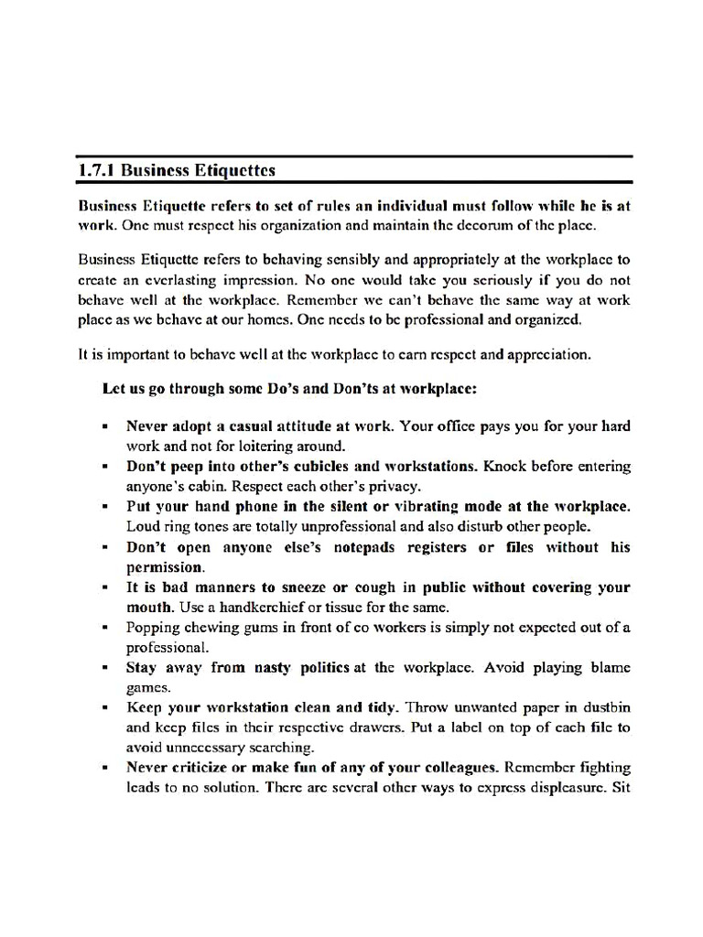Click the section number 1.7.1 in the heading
pyautogui.click(x=96, y=171)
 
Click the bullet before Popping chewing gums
pyautogui.click(x=107, y=629)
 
